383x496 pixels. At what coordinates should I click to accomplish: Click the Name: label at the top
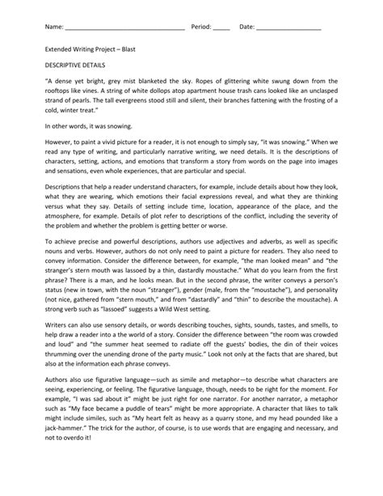pos(53,27)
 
